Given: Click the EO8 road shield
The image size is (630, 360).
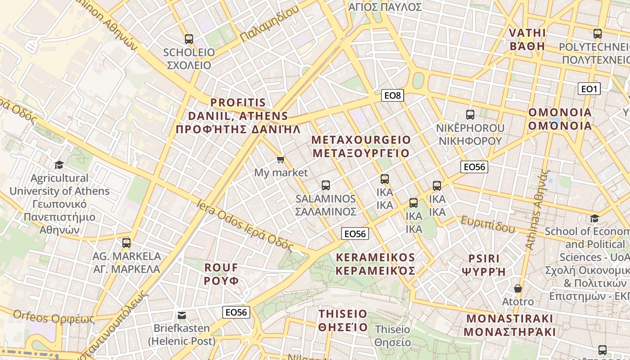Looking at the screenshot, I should (392, 95).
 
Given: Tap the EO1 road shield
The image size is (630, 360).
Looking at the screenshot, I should (589, 89).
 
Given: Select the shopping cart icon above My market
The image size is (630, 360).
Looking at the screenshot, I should (281, 159).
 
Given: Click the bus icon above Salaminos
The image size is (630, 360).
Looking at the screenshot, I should (326, 185).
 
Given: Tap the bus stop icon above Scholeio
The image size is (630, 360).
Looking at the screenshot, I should (189, 39).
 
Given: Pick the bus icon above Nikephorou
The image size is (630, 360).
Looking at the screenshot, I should (470, 115).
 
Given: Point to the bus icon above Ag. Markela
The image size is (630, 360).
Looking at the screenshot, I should (126, 243).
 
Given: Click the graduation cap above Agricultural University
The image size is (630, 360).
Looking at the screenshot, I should (59, 165).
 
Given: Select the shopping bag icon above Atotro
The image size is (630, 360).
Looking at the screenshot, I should (517, 288).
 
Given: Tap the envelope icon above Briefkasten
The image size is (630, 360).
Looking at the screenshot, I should (182, 315).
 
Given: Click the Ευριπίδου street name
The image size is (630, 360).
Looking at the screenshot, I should (487, 224).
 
